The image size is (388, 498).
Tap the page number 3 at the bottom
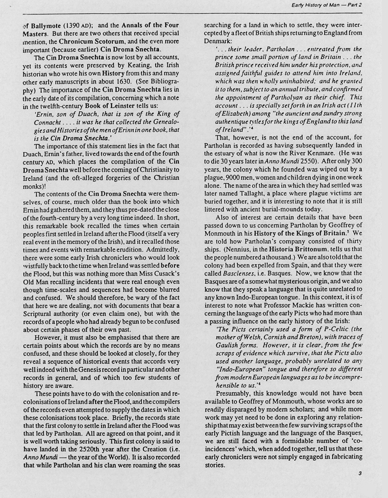pos(360,473)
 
